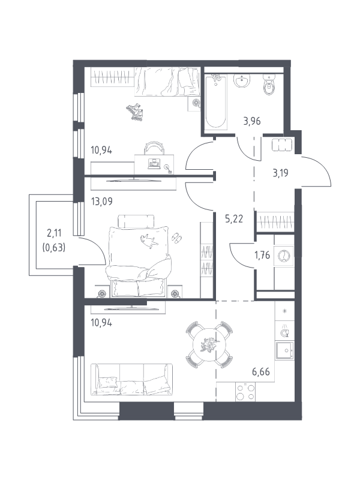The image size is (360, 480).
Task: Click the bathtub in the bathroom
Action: (216, 102)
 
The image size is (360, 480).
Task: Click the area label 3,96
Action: (252, 121)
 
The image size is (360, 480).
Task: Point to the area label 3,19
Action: (280, 173)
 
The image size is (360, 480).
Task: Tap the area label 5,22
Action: (234, 219)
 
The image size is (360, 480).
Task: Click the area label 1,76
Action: (262, 255)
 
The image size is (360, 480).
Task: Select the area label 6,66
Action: (261, 372)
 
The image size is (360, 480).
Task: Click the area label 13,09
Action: (101, 202)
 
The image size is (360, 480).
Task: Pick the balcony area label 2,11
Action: (54, 233)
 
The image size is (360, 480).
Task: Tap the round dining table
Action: (209, 344)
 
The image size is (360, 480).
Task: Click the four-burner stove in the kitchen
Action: (245, 392)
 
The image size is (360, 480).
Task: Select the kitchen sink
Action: (284, 350)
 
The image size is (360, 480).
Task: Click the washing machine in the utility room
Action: (284, 256)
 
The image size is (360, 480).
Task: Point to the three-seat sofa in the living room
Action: (131, 379)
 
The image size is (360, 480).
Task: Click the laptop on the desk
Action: (154, 164)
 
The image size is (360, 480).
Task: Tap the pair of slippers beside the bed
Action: (176, 237)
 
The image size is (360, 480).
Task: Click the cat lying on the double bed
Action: (149, 241)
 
